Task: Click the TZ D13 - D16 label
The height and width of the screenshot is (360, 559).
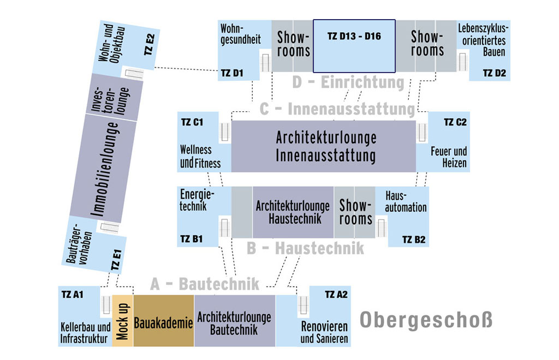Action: (354, 36)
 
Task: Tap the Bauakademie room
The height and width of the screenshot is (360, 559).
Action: (164, 321)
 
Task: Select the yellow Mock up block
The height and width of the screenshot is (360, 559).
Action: (123, 321)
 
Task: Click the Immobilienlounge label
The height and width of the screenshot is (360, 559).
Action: (104, 169)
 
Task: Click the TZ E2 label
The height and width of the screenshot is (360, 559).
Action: (150, 45)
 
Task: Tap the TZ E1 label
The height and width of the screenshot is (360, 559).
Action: (116, 260)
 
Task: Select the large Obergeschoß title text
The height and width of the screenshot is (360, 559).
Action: (426, 320)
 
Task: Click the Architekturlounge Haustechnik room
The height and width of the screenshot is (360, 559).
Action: (293, 212)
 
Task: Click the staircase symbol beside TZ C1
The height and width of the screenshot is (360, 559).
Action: (224, 133)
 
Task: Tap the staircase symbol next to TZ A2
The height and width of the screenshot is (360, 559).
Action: (303, 305)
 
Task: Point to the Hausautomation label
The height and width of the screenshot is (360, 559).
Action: (406, 201)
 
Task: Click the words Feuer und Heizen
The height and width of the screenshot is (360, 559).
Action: (449, 157)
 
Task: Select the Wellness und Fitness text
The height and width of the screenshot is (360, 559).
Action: (200, 156)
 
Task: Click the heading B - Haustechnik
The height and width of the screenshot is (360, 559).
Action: (305, 248)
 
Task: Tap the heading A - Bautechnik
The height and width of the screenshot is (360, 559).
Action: (205, 284)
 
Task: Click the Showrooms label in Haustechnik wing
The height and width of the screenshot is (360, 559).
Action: (355, 212)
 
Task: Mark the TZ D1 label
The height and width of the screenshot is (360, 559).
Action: (231, 73)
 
